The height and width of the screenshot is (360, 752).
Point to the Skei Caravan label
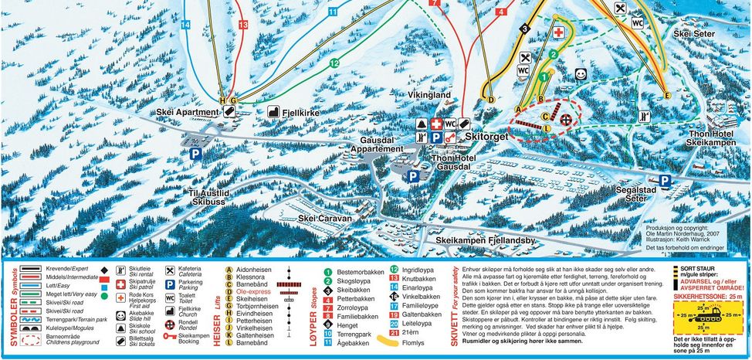(324, 219)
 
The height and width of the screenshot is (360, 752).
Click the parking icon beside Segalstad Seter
(664, 179)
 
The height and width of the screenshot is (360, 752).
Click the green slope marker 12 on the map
(334, 63)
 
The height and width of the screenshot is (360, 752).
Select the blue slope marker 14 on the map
(185, 25)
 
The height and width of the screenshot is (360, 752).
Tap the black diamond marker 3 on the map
(525, 29)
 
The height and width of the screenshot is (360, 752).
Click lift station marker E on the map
(667, 94)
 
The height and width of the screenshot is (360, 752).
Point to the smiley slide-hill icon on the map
(581, 73)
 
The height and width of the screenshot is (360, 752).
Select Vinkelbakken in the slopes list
(421, 296)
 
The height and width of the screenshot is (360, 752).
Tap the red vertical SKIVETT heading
(455, 297)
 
